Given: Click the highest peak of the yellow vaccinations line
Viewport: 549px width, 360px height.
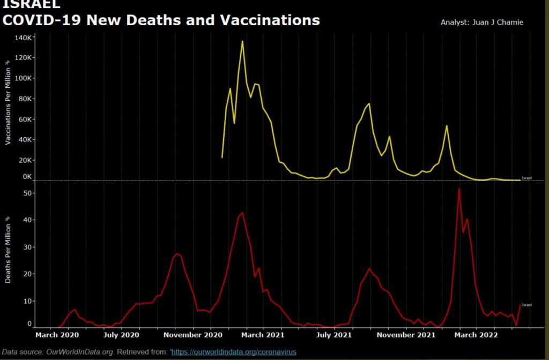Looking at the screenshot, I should coord(242,41).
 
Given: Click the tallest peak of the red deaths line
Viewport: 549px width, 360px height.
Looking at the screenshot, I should coord(459,189).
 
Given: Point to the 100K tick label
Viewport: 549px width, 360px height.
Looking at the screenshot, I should coord(24,78).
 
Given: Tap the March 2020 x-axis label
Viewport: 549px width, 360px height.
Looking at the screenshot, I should coord(57,335).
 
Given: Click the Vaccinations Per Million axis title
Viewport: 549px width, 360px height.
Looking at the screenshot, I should coord(8,107).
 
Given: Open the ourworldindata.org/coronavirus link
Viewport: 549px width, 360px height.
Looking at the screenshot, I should coord(234,352).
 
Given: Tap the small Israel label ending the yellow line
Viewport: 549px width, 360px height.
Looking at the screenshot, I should coord(526,178).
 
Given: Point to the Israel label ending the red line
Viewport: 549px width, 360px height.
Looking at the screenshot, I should coord(526,305).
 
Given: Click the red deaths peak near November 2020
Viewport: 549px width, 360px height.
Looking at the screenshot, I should coord(177,253).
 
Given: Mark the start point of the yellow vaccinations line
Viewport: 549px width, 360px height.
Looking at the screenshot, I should coord(222,157).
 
